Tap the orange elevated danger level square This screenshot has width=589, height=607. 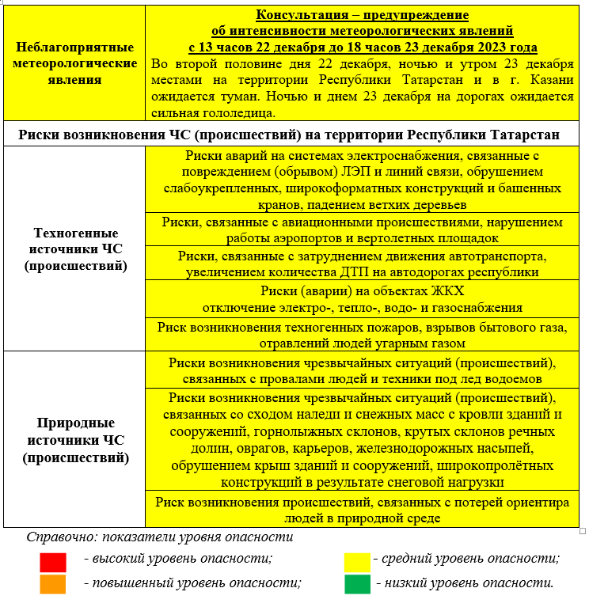(x=53, y=583)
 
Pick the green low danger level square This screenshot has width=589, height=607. (x=357, y=583)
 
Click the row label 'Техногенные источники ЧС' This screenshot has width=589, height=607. (x=76, y=249)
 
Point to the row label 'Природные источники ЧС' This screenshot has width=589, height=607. (x=76, y=440)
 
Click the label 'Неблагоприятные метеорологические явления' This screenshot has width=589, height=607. (x=76, y=63)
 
